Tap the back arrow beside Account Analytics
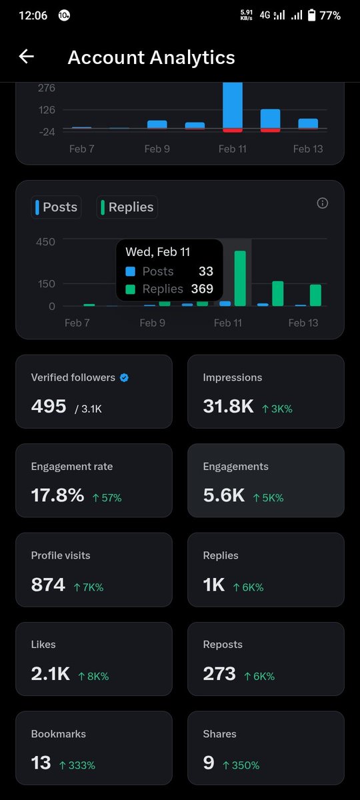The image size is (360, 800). [26, 57]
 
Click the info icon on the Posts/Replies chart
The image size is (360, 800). [323, 203]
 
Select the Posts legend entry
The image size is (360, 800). [57, 207]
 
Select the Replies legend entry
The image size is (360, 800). [127, 207]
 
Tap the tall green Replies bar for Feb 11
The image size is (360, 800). [240, 279]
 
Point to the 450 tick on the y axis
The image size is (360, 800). [45, 241]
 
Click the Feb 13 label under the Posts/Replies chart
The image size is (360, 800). [303, 323]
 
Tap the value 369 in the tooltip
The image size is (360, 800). [201, 289]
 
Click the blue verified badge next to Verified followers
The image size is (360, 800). [124, 377]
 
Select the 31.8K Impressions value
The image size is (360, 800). [228, 406]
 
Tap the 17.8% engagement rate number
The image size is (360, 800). [57, 495]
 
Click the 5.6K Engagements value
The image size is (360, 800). [223, 495]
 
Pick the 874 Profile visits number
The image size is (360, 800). [48, 585]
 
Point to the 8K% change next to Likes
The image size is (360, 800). [93, 676]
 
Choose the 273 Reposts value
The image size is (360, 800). [219, 673]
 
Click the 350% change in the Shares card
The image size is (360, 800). [241, 765]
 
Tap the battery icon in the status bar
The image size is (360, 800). [311, 15]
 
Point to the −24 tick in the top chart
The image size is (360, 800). [47, 131]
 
